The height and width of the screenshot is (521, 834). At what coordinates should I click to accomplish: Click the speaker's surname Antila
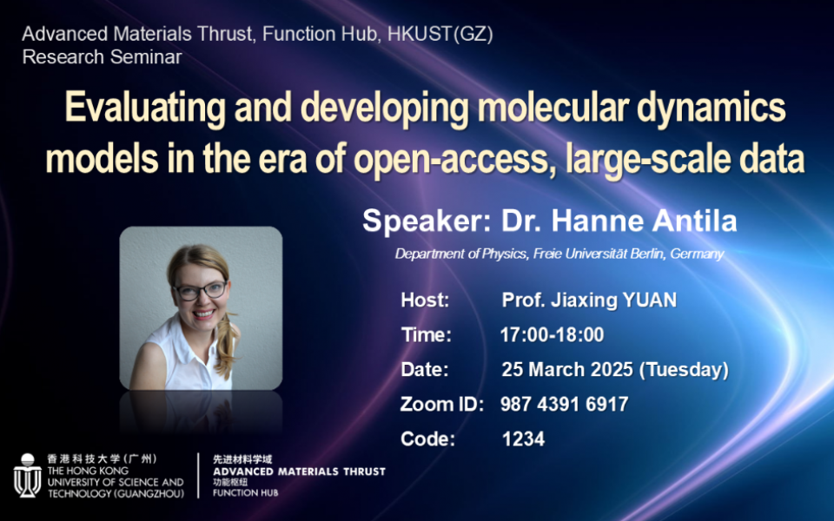click(x=695, y=221)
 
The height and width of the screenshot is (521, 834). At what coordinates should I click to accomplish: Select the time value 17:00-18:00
click(x=553, y=335)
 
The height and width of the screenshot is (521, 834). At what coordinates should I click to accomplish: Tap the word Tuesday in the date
click(x=684, y=370)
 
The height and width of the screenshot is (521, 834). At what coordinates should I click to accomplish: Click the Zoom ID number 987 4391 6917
click(x=565, y=404)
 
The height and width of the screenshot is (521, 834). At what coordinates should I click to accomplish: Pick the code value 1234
click(x=523, y=439)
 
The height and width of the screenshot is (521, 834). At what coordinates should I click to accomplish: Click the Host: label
click(x=425, y=300)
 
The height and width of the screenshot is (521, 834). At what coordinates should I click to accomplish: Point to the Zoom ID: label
click(x=442, y=404)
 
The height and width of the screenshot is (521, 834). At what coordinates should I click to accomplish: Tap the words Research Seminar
click(x=103, y=57)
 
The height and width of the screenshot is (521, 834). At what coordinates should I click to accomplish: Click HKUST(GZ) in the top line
click(x=440, y=34)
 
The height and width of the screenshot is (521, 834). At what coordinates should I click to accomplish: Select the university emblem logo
click(x=28, y=475)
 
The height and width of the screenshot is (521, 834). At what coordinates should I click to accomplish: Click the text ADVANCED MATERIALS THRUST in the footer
click(x=299, y=472)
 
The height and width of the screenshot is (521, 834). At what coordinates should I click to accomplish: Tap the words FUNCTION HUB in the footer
click(x=245, y=493)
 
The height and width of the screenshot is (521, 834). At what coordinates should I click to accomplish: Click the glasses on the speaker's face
click(x=201, y=291)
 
